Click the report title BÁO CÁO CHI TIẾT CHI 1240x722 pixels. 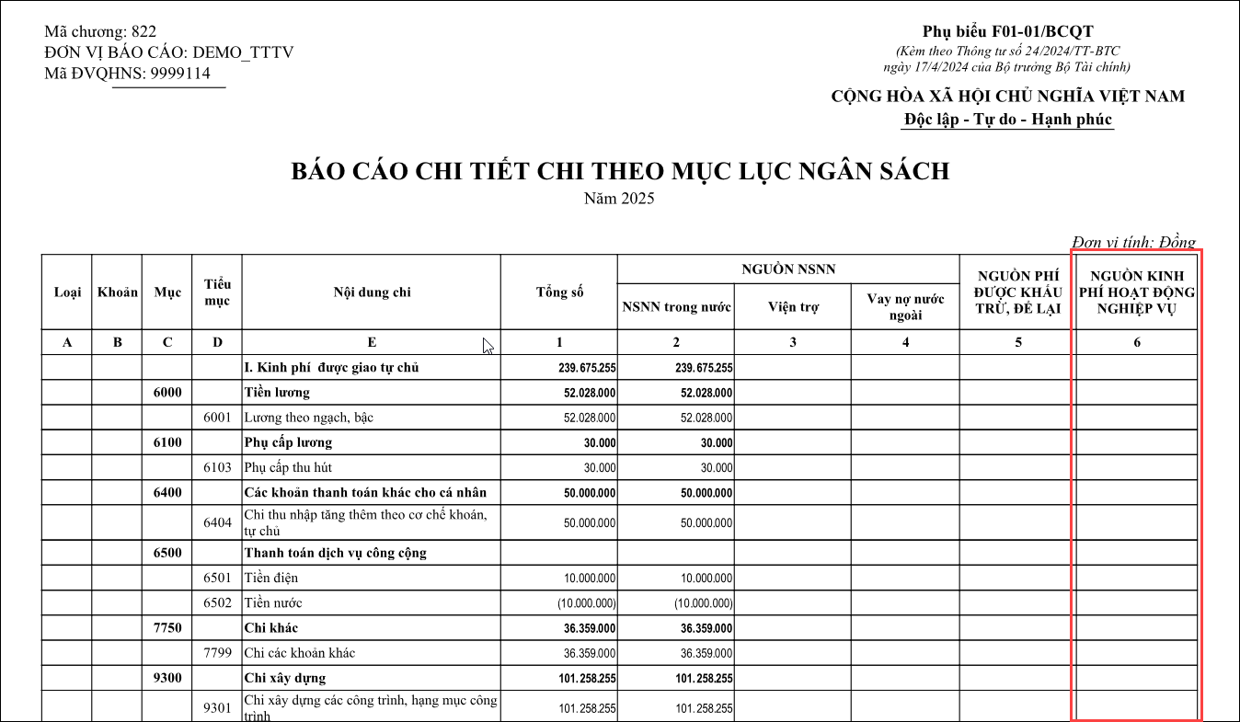(x=620, y=172)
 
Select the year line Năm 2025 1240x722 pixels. (x=619, y=198)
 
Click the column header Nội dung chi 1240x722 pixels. (x=372, y=292)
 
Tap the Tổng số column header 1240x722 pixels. (x=559, y=292)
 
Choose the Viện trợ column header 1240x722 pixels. (x=793, y=307)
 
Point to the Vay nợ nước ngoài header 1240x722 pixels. (x=905, y=307)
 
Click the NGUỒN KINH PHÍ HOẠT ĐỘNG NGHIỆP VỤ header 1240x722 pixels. (x=1136, y=292)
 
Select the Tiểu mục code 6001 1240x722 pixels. (x=217, y=418)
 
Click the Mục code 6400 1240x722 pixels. (x=167, y=492)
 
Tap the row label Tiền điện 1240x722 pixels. (x=271, y=579)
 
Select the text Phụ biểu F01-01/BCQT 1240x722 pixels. (x=1007, y=32)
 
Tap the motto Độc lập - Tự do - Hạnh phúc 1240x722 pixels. (x=1008, y=120)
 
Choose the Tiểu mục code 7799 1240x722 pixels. (x=217, y=653)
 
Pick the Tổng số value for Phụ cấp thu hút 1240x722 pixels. (x=600, y=467)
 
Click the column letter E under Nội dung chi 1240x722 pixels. (x=372, y=342)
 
